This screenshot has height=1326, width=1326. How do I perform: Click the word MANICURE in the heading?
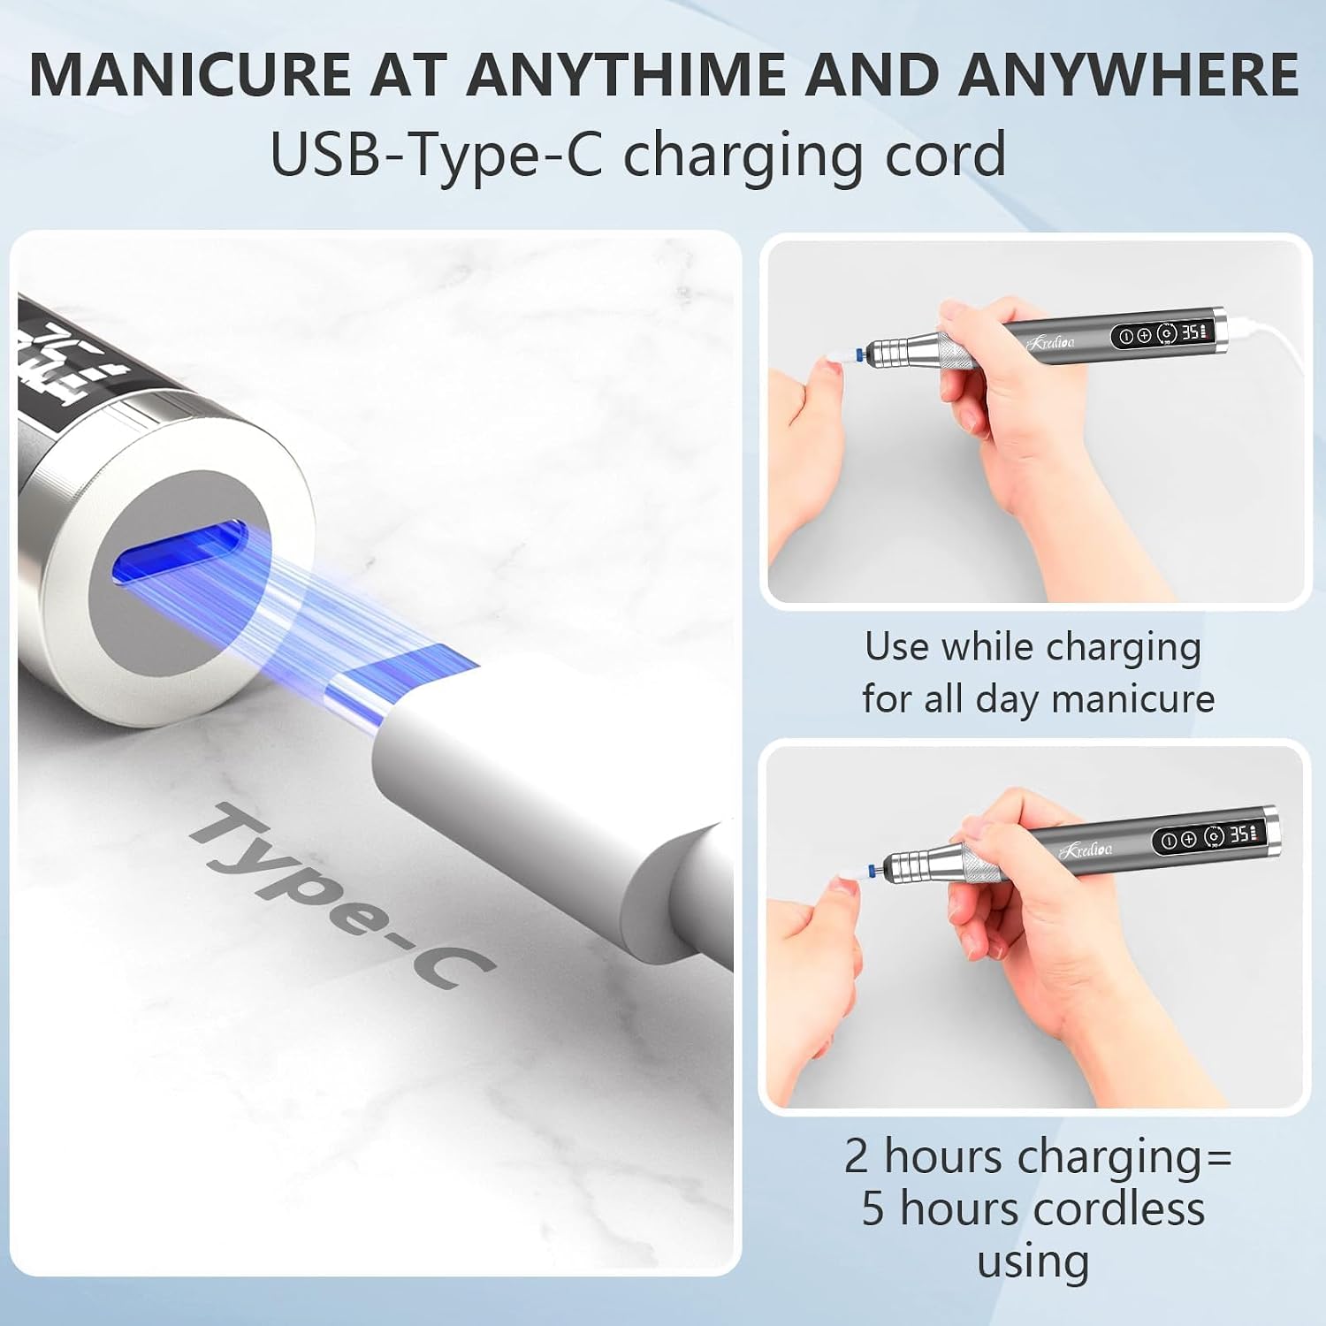(191, 74)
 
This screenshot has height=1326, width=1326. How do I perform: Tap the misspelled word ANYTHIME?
(625, 74)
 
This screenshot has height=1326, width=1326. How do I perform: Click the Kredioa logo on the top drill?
(1051, 341)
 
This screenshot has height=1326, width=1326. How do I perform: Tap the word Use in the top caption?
(896, 647)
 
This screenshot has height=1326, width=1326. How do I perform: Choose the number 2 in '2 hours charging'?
(857, 1156)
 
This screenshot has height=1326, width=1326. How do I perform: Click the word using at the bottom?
(1033, 1262)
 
